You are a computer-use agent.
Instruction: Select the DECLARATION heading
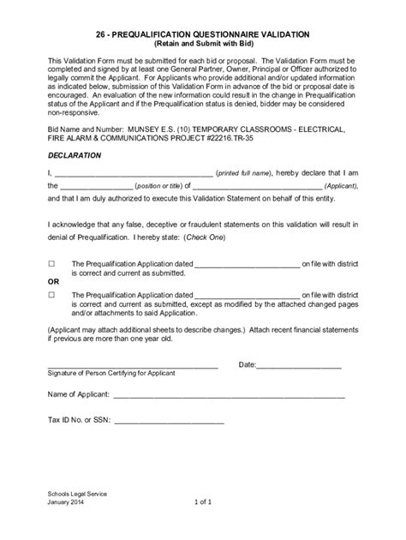click(75, 156)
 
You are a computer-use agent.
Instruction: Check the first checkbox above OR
click(51, 265)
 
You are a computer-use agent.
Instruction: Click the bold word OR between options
click(53, 280)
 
